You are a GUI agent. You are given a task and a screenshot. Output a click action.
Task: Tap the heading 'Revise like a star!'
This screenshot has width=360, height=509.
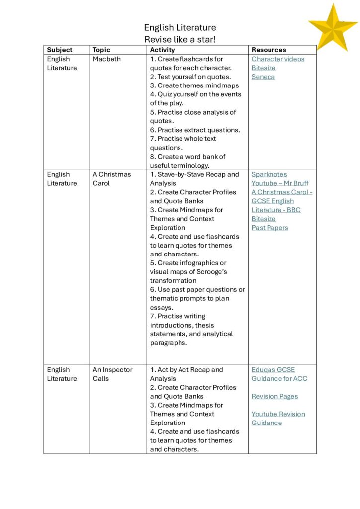pos(180,39)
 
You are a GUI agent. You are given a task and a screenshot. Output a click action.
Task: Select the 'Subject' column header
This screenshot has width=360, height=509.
pos(60,50)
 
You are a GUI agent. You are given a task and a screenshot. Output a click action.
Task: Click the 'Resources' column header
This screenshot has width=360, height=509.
pos(269,50)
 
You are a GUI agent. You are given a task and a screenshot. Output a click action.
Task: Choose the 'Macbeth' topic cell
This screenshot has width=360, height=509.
pos(107,59)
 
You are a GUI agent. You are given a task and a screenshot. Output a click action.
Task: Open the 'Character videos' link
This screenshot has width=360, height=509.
pos(278,59)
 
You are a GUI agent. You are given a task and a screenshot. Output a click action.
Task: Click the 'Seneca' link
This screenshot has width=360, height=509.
pos(263,77)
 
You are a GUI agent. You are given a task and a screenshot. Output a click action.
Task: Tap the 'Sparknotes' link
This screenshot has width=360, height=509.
pos(269,174)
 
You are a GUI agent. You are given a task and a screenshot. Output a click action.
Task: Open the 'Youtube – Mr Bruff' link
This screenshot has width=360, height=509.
pos(279,183)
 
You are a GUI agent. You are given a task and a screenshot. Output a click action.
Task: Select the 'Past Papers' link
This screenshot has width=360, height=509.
pos(270,228)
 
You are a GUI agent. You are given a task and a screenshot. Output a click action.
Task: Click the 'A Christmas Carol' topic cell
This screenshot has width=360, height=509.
pos(112,179)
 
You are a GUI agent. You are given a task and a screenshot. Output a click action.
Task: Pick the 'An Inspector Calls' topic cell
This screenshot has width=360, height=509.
pos(112,374)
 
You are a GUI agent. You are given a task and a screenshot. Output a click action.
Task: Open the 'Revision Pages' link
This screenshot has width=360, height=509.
pos(274,396)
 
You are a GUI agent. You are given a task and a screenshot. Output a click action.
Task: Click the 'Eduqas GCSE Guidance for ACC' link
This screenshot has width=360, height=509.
pos(279,374)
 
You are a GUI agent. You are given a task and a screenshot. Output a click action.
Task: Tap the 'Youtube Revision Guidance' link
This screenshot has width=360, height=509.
pos(278,418)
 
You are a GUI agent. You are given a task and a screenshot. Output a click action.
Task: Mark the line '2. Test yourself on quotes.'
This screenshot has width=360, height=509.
pos(190,77)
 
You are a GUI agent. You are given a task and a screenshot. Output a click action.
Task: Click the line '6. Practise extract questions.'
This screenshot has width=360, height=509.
pos(195,130)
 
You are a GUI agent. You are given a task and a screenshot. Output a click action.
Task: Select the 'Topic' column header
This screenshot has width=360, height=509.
pos(101,50)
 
